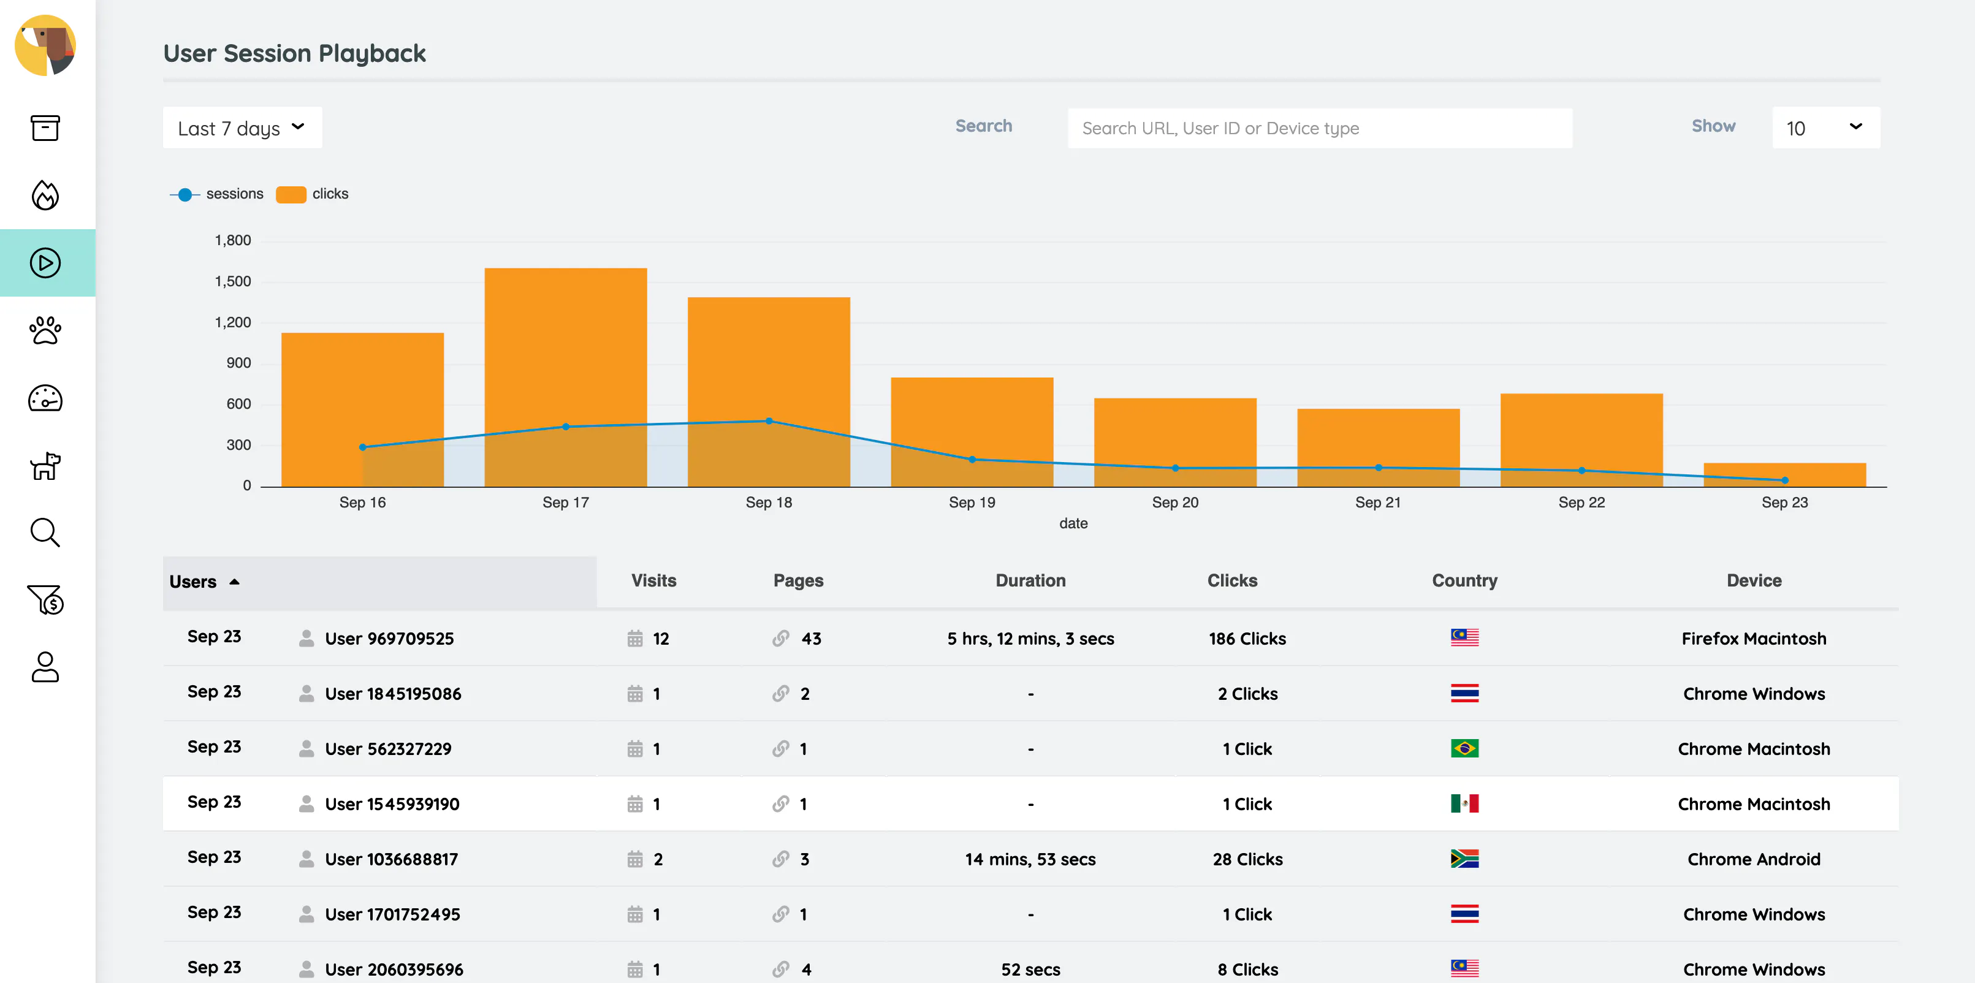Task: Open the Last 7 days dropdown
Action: pos(242,128)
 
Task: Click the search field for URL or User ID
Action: pos(1320,128)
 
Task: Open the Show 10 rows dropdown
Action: pos(1825,128)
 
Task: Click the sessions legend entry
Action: pos(216,194)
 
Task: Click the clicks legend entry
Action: pos(312,194)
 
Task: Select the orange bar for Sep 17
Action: pos(566,378)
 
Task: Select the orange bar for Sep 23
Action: pos(1785,474)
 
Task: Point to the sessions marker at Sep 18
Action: pos(769,421)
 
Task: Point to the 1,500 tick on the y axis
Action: pos(233,281)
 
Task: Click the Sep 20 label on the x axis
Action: pos(1174,503)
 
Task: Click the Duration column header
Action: pos(1030,580)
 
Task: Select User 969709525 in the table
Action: pos(389,639)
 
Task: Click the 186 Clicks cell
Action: pos(1247,639)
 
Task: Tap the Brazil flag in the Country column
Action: pos(1464,748)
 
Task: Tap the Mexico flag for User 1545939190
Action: pos(1464,803)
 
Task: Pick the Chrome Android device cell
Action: pos(1754,859)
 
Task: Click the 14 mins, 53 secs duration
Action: pos(1030,859)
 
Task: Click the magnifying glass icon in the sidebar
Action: pos(45,532)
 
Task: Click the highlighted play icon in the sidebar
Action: pos(45,263)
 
